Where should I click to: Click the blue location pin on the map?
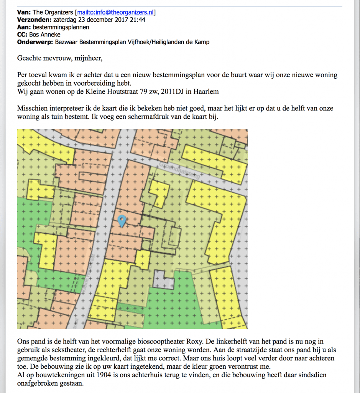[x=122, y=221]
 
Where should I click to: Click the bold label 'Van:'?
[x=24, y=12]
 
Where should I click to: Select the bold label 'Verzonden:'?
[x=34, y=20]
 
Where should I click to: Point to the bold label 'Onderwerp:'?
[x=36, y=42]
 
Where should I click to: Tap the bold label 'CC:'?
[x=23, y=35]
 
